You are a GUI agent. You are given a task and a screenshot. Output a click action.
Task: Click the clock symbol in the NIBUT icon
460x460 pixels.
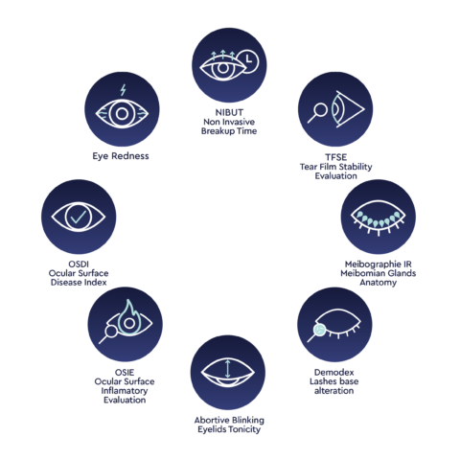point(248,61)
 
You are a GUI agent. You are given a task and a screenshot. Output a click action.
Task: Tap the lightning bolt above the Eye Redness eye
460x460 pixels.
point(123,90)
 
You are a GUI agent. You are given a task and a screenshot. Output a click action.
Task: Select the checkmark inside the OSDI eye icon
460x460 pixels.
point(79,217)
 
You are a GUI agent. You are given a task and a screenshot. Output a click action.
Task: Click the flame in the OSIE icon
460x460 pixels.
point(129,318)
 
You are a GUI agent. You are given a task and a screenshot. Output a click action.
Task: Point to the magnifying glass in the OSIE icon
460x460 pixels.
point(107,334)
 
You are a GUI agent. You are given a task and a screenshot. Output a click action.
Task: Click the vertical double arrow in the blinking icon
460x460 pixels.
point(227,369)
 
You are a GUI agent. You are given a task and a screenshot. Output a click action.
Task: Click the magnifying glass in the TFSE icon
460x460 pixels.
point(317,113)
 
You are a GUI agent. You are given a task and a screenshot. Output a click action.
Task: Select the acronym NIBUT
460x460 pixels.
point(229,112)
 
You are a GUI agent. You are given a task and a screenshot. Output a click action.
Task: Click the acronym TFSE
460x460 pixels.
point(335,157)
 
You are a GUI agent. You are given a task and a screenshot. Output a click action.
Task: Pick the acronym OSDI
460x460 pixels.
point(79,264)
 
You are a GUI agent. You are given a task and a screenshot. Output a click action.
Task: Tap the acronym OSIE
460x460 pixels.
point(125,373)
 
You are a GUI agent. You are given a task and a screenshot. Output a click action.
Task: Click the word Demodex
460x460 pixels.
point(333,373)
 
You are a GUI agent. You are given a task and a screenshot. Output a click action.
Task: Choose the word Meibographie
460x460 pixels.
point(370,264)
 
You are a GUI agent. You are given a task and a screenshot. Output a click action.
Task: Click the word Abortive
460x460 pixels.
point(212,420)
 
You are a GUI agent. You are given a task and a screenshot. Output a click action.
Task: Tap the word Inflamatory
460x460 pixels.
point(125,391)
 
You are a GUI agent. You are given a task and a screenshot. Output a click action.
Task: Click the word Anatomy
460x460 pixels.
point(379,283)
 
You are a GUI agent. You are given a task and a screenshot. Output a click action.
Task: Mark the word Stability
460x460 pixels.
point(356,167)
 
